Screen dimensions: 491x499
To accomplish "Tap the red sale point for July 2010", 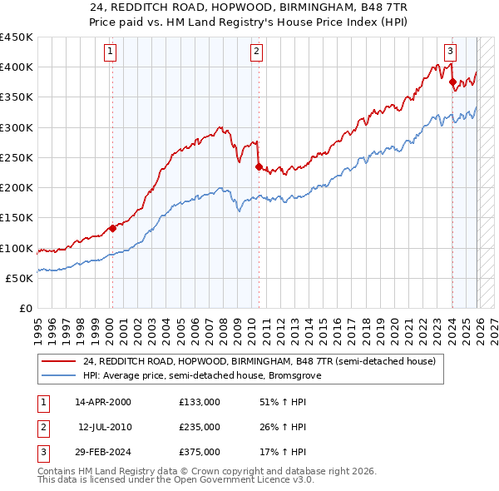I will coord(258,166).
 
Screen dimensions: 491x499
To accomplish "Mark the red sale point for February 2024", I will coord(452,82).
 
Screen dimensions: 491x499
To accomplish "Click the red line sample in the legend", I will coord(59,362).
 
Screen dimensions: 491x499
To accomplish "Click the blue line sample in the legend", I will coord(59,375).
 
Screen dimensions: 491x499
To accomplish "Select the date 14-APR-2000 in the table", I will coord(103,402).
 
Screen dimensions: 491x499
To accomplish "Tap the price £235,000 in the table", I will coord(200,427).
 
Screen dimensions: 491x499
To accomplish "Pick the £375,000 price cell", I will coord(200,452).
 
